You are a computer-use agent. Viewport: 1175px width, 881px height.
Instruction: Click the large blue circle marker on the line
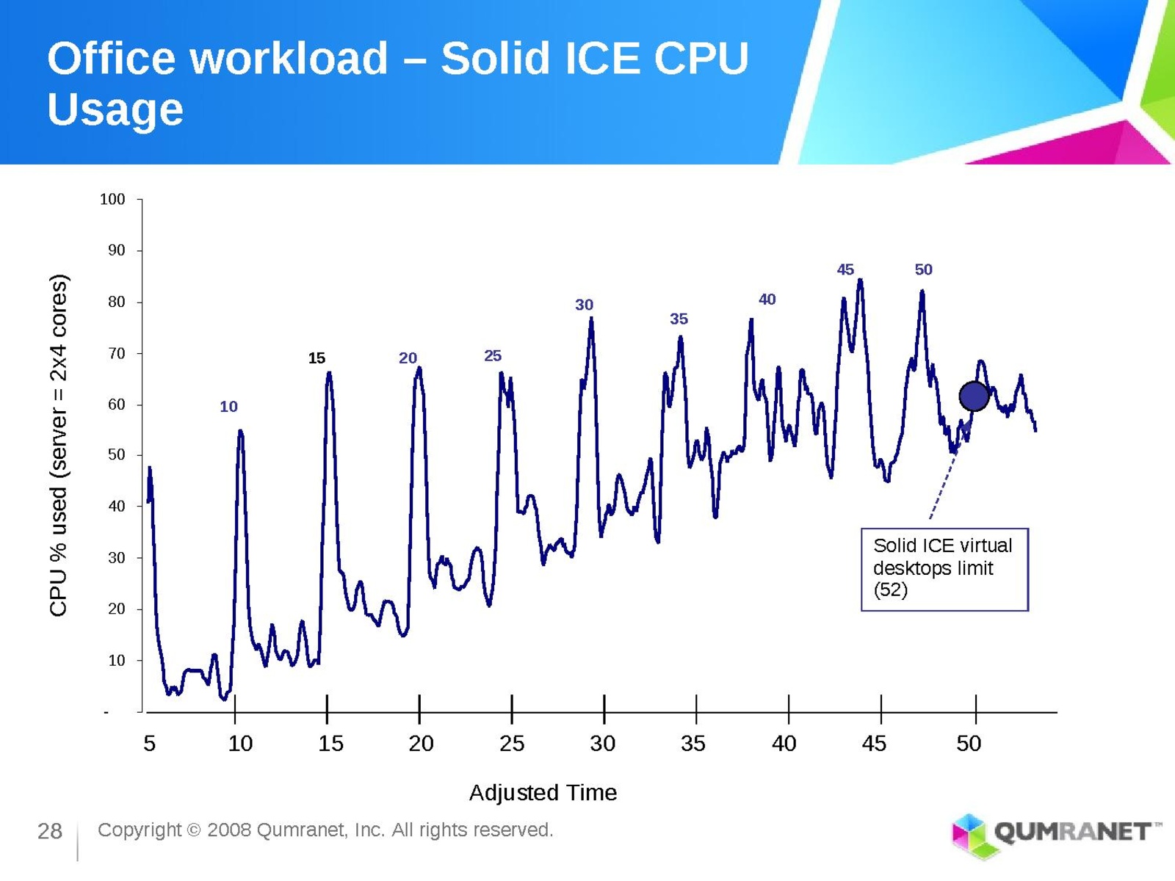click(974, 396)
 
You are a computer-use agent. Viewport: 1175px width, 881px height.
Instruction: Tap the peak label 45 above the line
click(845, 269)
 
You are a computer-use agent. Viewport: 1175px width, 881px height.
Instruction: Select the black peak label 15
click(317, 358)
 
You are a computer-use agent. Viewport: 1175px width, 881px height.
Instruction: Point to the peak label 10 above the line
click(228, 407)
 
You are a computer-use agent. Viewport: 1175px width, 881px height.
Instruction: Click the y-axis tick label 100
click(112, 200)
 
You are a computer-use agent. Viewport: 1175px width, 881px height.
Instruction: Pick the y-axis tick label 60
click(117, 405)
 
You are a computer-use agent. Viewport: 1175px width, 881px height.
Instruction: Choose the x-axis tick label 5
click(149, 744)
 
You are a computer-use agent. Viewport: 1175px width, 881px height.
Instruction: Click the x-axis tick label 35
click(693, 744)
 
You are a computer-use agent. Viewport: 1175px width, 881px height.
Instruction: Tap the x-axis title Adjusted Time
click(543, 793)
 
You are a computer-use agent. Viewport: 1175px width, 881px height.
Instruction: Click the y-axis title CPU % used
click(59, 445)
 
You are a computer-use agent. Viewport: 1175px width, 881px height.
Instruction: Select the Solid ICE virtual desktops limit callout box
click(944, 569)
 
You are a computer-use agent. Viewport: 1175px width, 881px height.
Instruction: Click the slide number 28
click(50, 831)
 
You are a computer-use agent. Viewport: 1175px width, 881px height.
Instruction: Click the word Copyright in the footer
click(139, 830)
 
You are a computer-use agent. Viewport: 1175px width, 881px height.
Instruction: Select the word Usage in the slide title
click(115, 109)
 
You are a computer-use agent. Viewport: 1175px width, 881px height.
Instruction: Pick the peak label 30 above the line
click(584, 305)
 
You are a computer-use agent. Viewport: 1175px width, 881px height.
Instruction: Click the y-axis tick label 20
click(117, 609)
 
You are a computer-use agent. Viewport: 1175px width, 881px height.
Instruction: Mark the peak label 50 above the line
click(923, 269)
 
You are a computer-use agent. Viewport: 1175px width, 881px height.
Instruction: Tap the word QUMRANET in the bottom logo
click(1072, 832)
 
